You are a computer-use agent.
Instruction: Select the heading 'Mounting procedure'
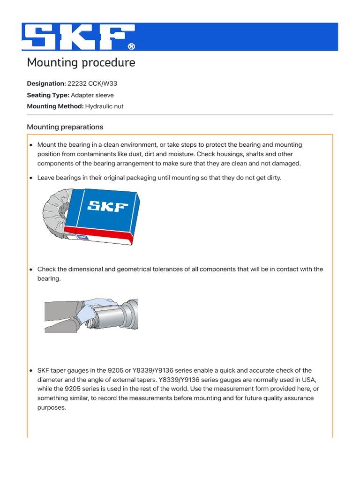[x=81, y=62]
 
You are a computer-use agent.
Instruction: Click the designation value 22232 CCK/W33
[x=92, y=83]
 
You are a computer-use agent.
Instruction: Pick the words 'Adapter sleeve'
[x=92, y=95]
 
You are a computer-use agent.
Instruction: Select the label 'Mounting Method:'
[x=55, y=106]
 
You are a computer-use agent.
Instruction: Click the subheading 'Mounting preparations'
[x=65, y=127]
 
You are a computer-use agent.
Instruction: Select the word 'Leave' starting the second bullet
[x=46, y=178]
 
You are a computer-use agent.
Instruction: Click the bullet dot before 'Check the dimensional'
[x=31, y=270]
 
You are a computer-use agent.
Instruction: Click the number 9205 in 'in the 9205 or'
[x=120, y=370]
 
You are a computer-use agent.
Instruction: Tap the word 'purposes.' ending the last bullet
[x=52, y=407]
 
